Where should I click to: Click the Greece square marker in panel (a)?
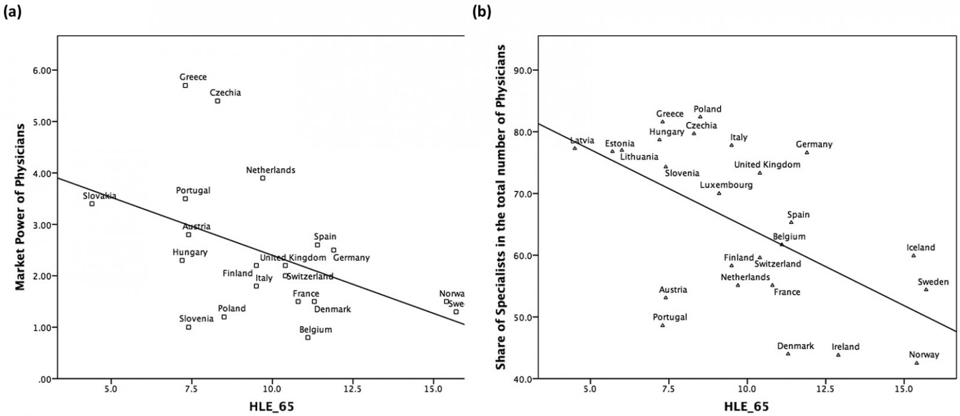185,86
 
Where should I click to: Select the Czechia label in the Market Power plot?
226,92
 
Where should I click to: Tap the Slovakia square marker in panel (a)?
92,203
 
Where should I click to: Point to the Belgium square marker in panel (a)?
308,337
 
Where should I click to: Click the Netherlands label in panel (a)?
271,170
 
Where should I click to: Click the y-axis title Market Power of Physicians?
20,207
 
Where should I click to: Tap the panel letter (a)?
13,10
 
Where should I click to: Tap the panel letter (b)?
481,10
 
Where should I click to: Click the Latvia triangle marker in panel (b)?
575,148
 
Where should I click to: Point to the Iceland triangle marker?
914,256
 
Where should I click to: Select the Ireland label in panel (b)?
845,346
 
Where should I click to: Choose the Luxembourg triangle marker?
719,193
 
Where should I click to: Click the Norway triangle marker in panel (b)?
917,363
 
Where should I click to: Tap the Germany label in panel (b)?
814,144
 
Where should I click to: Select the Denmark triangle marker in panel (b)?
788,354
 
